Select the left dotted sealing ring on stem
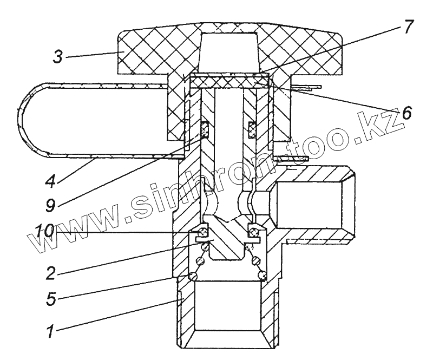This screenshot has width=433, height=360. pyautogui.click(x=205, y=129)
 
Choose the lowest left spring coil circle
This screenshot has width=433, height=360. pyautogui.click(x=193, y=276)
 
